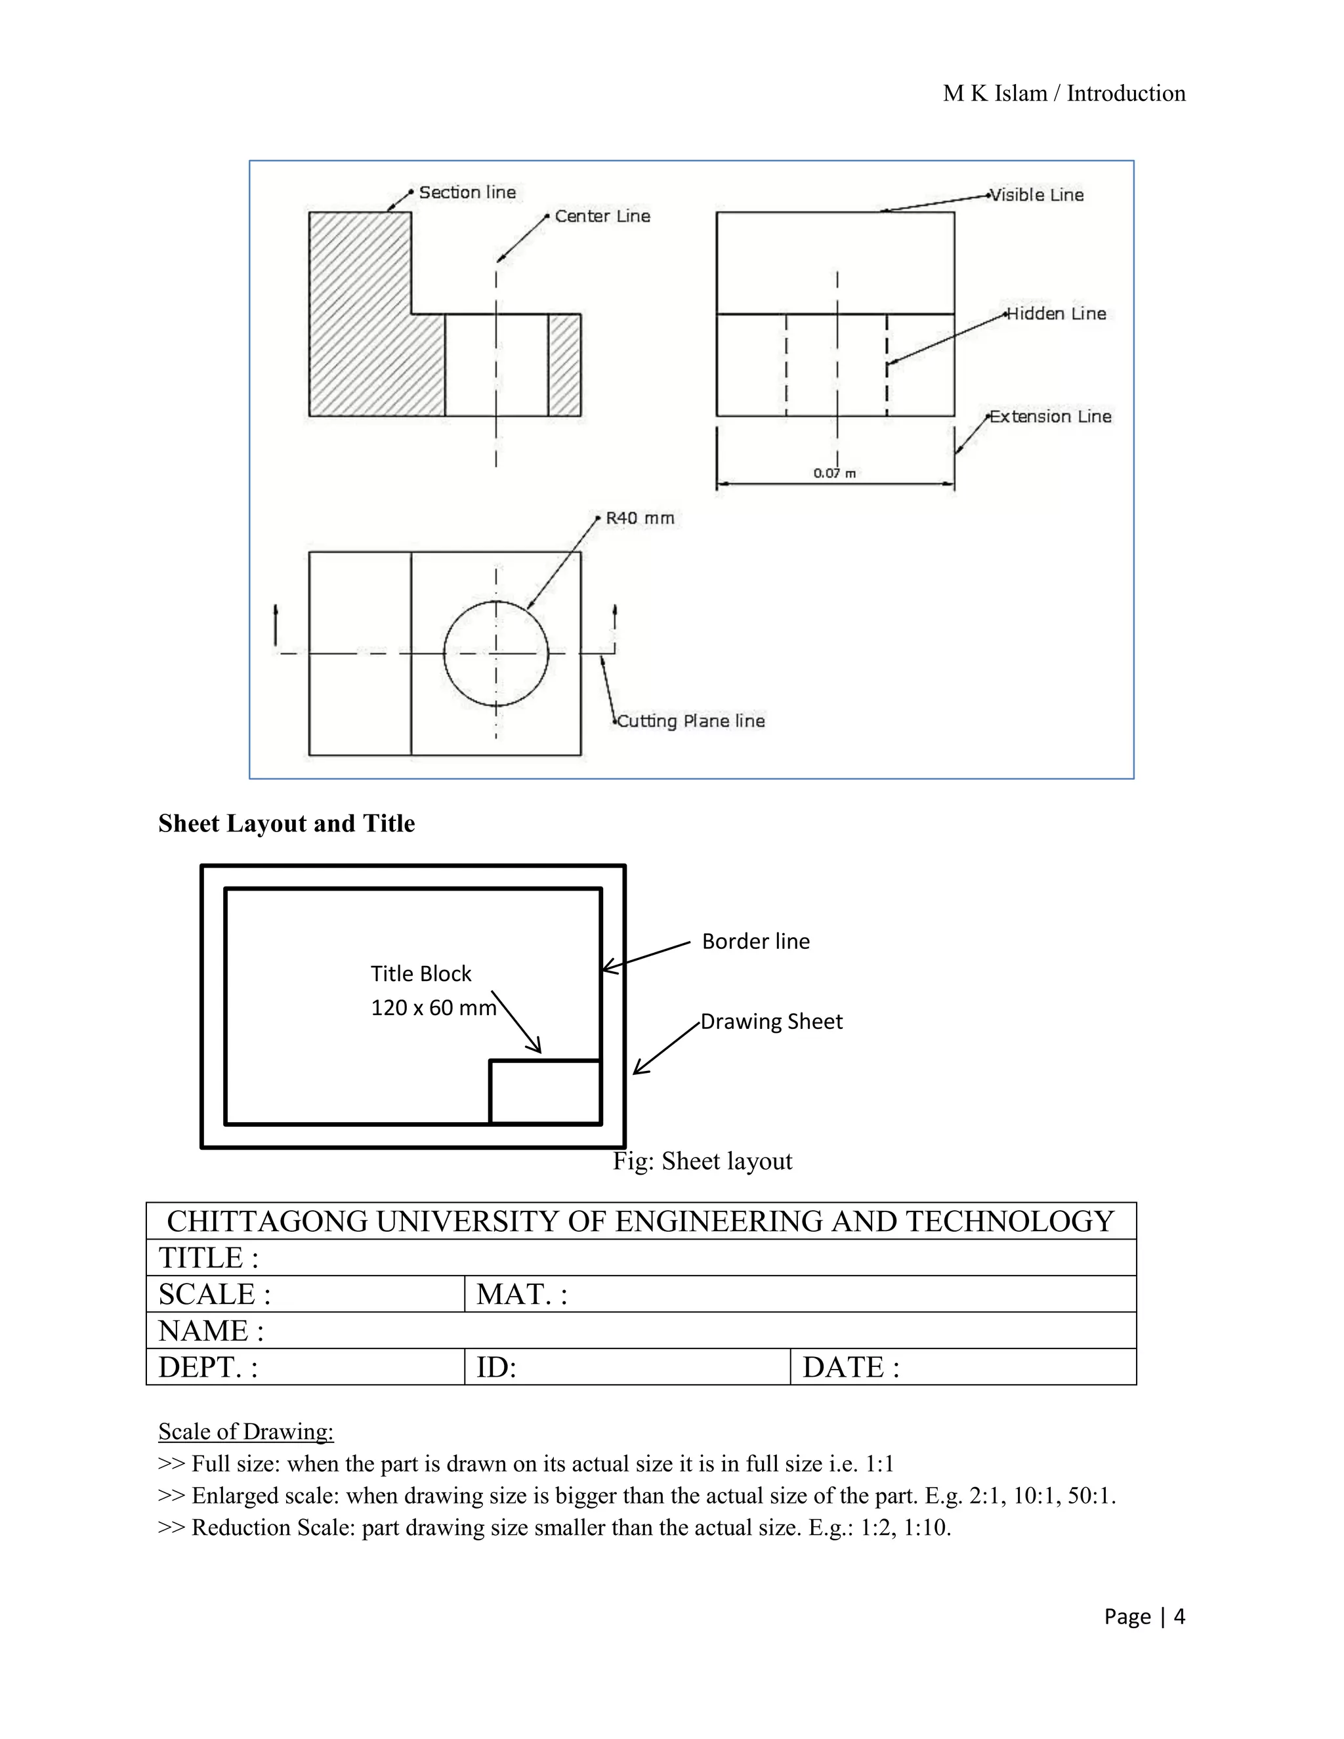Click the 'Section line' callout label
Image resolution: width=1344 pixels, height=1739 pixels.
pyautogui.click(x=467, y=193)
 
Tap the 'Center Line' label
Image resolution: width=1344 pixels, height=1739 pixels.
pyautogui.click(x=602, y=217)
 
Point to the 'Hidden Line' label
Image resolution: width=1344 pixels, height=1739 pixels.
pyautogui.click(x=1057, y=314)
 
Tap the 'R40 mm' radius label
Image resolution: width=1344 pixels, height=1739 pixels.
pyautogui.click(x=639, y=518)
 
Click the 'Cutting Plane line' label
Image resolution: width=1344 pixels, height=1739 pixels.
pyautogui.click(x=691, y=721)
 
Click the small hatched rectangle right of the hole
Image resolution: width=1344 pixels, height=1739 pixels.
pyautogui.click(x=564, y=365)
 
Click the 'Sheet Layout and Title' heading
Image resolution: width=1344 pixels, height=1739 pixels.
pyautogui.click(x=287, y=824)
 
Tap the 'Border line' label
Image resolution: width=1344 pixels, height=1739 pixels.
pyautogui.click(x=755, y=941)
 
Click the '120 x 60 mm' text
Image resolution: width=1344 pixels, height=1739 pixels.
pyautogui.click(x=433, y=1008)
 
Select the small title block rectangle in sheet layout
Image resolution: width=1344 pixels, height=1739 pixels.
pyautogui.click(x=545, y=1092)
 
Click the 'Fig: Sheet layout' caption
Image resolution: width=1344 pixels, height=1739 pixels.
pyautogui.click(x=702, y=1161)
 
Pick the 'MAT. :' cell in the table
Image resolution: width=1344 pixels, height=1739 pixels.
pyautogui.click(x=799, y=1294)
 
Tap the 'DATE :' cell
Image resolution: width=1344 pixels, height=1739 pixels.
pyautogui.click(x=963, y=1366)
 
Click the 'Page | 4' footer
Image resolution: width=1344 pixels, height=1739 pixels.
pyautogui.click(x=1144, y=1616)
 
